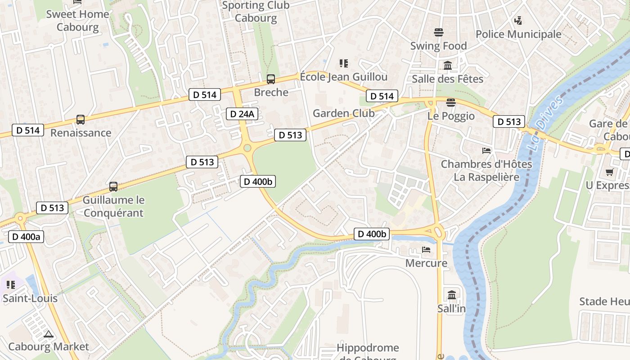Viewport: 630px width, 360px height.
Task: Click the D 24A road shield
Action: coord(242,114)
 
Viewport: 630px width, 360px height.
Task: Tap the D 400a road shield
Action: coord(26,237)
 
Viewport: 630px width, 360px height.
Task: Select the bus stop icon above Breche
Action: coord(270,79)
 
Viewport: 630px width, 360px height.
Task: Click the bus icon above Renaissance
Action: coord(81,120)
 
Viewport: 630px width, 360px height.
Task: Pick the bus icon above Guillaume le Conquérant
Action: coord(113,186)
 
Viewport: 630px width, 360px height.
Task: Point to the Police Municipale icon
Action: coord(518,20)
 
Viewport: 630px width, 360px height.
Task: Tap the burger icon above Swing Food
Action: coord(439,32)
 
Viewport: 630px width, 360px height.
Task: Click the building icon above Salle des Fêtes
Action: coord(448,66)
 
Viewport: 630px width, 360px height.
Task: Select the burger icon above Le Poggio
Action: coord(451,103)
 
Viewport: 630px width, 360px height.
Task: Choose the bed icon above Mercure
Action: coord(426,249)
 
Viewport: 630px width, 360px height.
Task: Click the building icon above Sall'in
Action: coord(452,295)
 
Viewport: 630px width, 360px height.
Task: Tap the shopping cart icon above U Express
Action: coord(610,172)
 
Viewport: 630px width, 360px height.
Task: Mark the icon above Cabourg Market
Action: coord(49,334)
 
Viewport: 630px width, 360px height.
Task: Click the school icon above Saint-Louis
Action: coord(11,285)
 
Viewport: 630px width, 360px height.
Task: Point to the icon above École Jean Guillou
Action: coord(344,63)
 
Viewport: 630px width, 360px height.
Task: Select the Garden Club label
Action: coord(343,113)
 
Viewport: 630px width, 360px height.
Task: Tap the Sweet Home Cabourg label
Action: coord(78,20)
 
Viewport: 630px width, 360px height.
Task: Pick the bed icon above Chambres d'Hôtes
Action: coord(486,151)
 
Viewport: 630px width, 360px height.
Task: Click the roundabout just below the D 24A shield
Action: coord(247,148)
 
